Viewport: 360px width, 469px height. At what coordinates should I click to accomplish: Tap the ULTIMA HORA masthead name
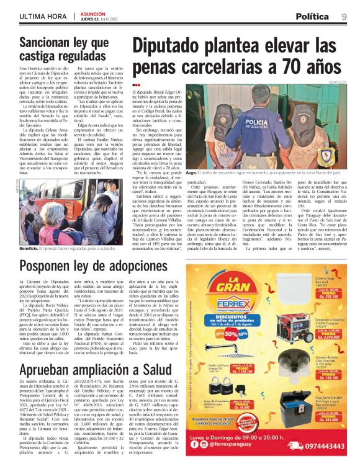point(44,16)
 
